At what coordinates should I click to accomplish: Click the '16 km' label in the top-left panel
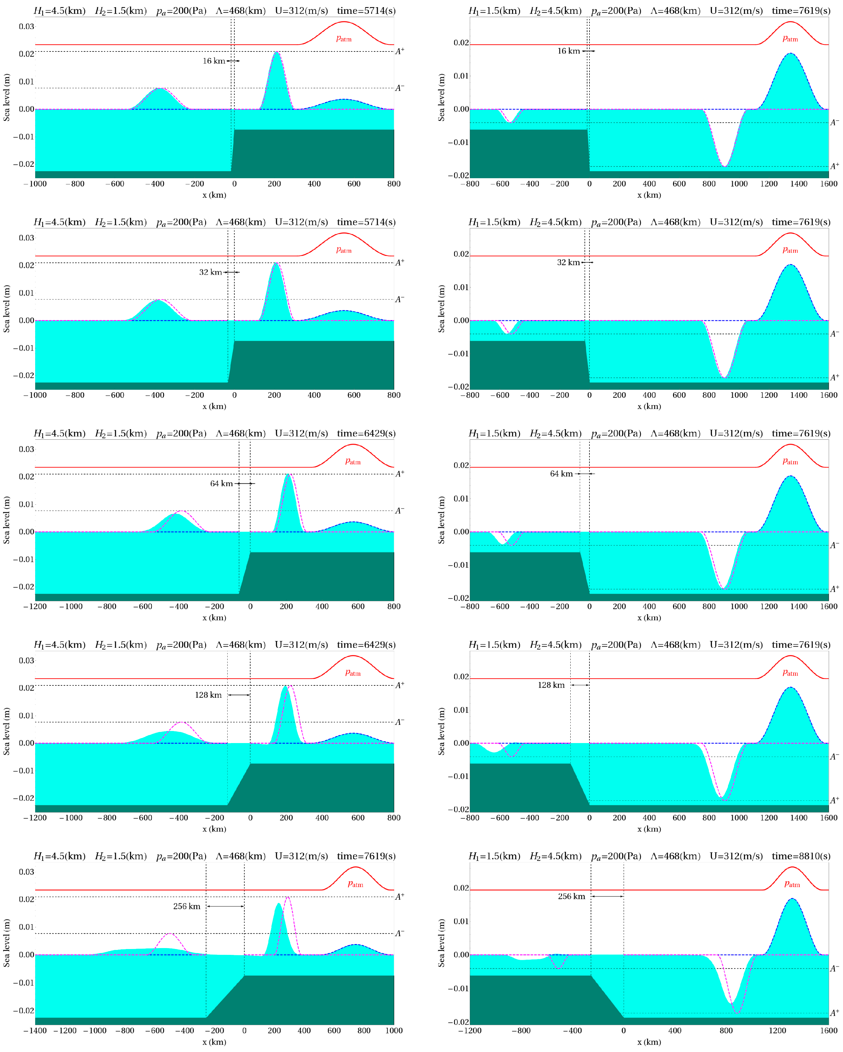tap(214, 61)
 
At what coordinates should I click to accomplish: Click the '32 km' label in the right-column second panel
tap(568, 262)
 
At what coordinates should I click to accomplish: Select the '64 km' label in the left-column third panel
tap(221, 483)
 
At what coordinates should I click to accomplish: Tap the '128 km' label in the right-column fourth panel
tap(551, 685)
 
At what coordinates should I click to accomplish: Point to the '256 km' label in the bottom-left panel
tap(187, 906)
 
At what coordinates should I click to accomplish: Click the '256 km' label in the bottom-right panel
tap(571, 896)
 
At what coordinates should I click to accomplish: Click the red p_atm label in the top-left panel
tap(344, 39)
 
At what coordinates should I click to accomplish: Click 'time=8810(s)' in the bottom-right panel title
tap(800, 856)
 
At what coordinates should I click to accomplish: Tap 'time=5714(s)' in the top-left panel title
tap(366, 11)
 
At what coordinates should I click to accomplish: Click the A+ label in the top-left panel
tap(399, 51)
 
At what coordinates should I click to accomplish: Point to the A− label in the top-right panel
tap(834, 122)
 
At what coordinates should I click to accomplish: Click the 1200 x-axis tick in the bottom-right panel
tap(777, 1030)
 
